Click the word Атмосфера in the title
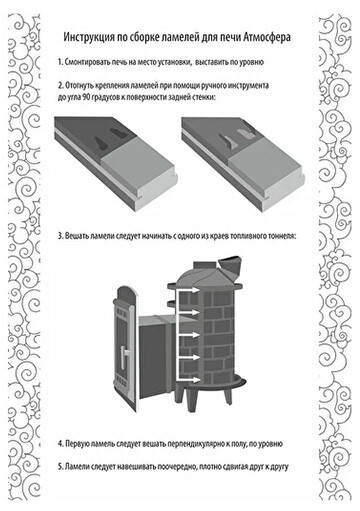tap(266, 37)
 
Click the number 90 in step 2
tap(85, 98)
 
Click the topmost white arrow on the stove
tap(189, 291)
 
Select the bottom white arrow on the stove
tap(189, 380)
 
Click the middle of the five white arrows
tap(189, 335)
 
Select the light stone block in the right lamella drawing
tap(266, 172)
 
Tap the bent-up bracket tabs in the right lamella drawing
tap(237, 137)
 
